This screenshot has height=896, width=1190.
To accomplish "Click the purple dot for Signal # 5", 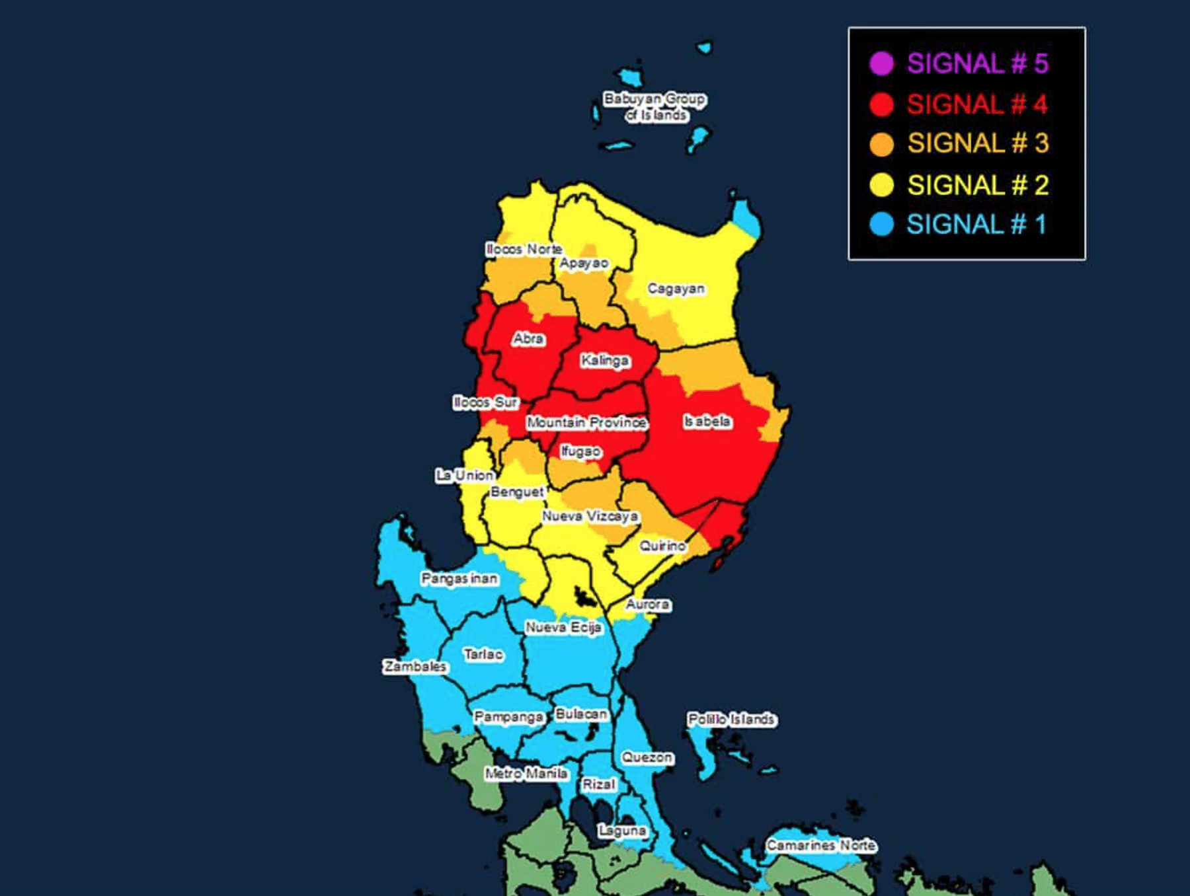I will [x=881, y=63].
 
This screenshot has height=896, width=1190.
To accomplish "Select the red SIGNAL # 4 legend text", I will [x=977, y=104].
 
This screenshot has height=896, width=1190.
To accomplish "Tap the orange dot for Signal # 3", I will [x=881, y=144].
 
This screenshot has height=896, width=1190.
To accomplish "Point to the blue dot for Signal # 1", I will [x=881, y=225].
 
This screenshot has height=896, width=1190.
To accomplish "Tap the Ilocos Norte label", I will [x=524, y=249].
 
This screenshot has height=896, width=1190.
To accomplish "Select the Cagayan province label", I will [x=676, y=289].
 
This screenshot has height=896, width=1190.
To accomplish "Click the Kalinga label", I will [x=605, y=361].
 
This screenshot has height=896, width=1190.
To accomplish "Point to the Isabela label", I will [x=707, y=422].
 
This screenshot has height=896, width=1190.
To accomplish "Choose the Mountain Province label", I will [x=586, y=423].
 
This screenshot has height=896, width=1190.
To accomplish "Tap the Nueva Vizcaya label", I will [x=590, y=516].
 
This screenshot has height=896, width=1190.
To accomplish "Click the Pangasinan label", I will [x=459, y=579].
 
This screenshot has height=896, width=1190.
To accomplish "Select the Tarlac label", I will [x=483, y=654].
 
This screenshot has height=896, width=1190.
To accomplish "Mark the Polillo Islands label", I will [x=731, y=719].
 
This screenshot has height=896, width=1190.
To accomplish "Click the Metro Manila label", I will [x=526, y=773].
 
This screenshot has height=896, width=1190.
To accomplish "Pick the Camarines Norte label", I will [x=821, y=845].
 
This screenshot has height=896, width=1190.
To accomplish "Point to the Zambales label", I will [x=415, y=666].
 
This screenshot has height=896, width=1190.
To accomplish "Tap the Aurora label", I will [x=648, y=605].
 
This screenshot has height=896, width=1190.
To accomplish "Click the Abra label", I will [x=528, y=339].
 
